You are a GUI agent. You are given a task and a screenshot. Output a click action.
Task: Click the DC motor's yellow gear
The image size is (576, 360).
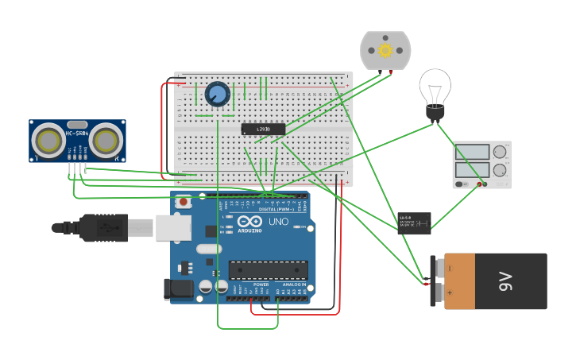[x=385, y=51]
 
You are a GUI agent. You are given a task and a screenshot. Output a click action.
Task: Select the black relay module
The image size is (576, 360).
[x=414, y=223]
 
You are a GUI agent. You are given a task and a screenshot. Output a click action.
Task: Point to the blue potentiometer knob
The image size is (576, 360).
[x=217, y=95]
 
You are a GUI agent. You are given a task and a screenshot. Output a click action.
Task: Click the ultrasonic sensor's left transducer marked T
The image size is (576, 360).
[x=51, y=141]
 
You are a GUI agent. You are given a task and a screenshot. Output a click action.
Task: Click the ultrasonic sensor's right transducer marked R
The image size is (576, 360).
[x=106, y=141]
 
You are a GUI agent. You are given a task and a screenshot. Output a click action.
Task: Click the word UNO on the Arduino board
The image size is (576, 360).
[x=278, y=222]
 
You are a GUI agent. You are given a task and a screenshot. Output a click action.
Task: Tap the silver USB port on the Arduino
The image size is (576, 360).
[x=173, y=228]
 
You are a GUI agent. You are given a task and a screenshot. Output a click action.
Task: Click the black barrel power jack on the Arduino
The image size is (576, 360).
[x=179, y=289]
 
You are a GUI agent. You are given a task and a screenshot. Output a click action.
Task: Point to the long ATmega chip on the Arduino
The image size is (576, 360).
[x=268, y=269]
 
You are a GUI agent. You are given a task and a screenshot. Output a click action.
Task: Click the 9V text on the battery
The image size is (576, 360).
[x=506, y=281]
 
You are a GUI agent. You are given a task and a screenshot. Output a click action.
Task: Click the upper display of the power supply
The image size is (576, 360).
[x=473, y=153]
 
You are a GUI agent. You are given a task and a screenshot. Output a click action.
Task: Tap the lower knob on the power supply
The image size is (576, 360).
[x=500, y=170]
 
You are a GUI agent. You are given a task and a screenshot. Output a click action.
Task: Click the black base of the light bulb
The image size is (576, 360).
[x=435, y=113]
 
